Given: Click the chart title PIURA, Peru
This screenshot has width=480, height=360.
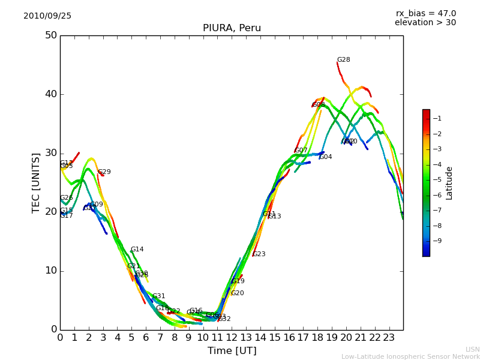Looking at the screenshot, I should click(232, 28).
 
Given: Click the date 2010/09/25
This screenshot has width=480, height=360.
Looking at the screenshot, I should click(47, 16).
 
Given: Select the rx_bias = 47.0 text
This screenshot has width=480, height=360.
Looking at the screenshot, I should click(425, 14).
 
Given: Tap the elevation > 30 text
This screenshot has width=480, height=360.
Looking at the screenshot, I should click(425, 23).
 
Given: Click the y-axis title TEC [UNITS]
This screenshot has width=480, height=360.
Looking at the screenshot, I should click(36, 183).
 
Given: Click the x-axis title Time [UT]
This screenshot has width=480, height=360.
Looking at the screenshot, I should click(232, 351).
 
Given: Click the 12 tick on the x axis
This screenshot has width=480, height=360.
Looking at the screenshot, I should click(232, 338).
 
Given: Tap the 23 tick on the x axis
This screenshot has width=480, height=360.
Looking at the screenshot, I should click(389, 338).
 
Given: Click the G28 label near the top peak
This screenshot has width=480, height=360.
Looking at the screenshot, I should click(343, 60).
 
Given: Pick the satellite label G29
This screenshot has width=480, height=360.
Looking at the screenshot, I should click(104, 172).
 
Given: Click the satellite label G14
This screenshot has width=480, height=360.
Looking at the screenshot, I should click(137, 250).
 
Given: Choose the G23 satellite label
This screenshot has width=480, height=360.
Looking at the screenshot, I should click(259, 254).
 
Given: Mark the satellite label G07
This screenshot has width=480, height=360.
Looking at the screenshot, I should click(301, 151).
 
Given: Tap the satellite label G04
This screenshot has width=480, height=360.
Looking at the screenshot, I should click(325, 157).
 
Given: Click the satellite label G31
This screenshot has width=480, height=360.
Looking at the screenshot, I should click(158, 296).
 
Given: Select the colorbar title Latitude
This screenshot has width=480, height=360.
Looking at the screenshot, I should click(449, 183).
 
